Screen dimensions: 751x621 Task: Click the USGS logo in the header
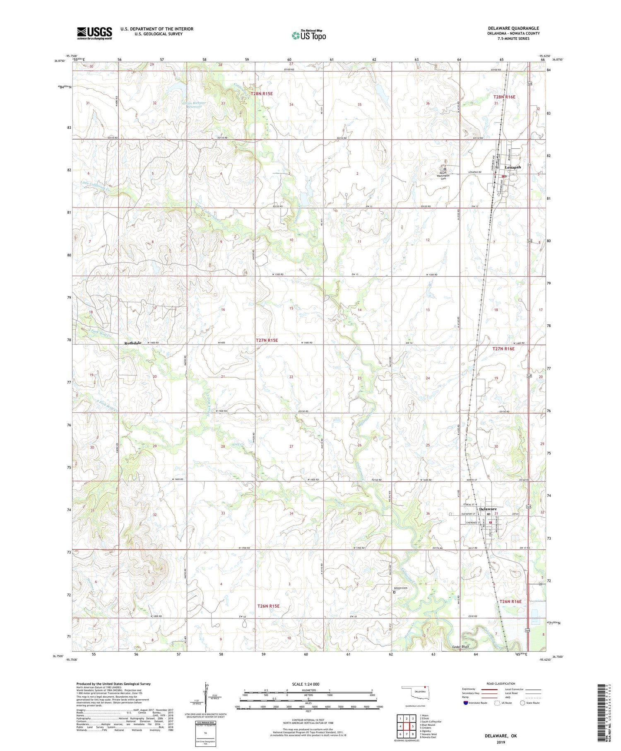point(94,33)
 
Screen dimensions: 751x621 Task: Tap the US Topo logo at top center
point(308,35)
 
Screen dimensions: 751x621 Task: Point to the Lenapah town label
point(512,167)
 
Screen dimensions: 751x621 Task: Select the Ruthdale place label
point(133,343)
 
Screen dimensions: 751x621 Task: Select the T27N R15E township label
point(266,340)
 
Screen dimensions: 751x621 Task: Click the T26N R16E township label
point(510,601)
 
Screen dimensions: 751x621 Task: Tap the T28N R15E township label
point(261,94)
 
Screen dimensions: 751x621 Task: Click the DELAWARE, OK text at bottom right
point(501,736)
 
